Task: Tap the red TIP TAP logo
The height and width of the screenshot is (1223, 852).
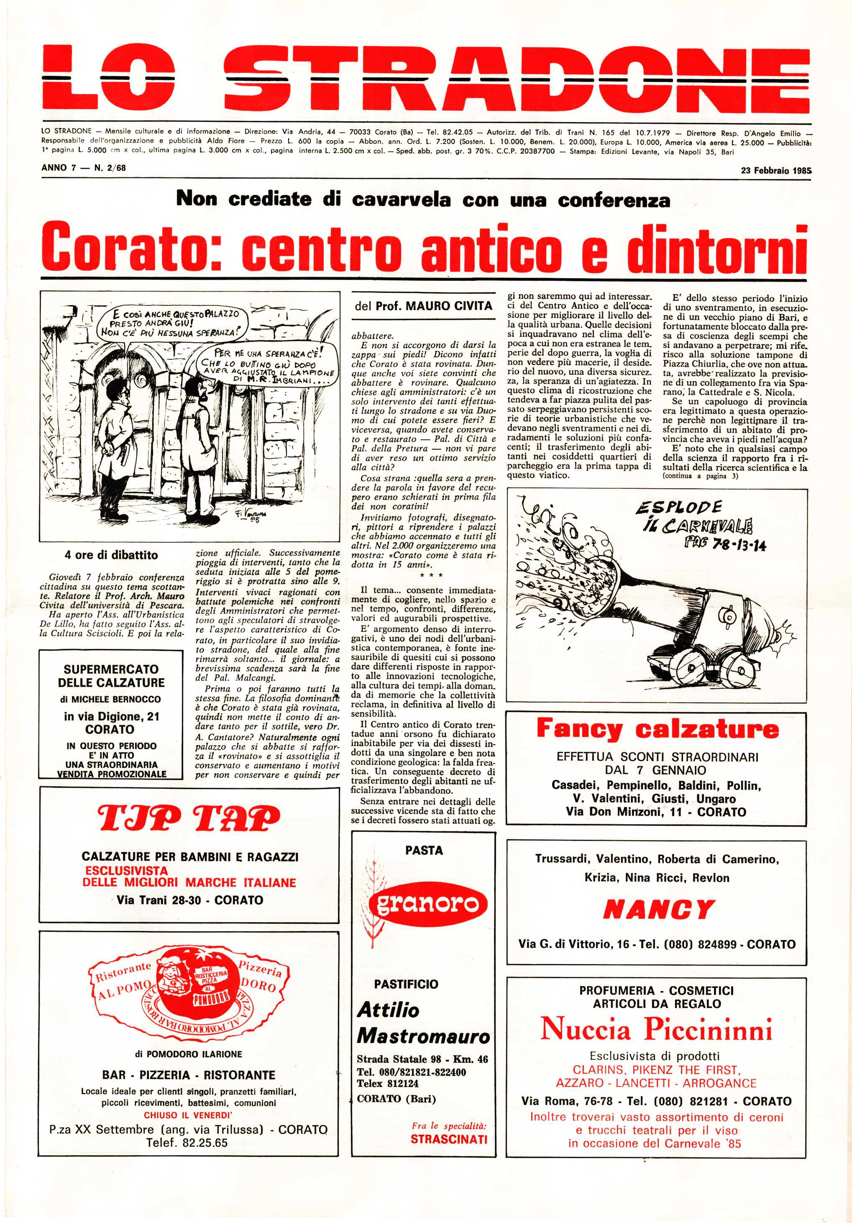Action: click(189, 819)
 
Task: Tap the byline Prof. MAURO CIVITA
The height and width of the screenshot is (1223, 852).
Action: click(423, 306)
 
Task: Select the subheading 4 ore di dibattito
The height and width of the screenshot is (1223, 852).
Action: click(111, 555)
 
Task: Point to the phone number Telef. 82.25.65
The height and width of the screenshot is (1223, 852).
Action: click(187, 1143)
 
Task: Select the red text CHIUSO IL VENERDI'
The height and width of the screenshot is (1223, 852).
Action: click(187, 1115)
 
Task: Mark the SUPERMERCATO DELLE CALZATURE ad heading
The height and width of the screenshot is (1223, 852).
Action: click(111, 676)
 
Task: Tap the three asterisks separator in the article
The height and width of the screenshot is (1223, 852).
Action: click(431, 576)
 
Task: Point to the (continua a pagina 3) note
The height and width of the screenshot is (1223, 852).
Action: click(700, 476)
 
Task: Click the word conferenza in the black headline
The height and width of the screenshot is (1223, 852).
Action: click(614, 200)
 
